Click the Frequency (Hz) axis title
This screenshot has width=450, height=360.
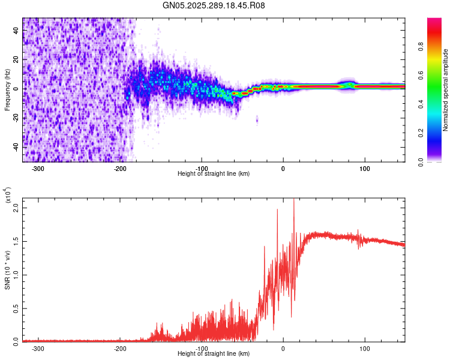pos(7,90)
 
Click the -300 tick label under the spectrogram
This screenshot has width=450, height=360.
pos(38,168)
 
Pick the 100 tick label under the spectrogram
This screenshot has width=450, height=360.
pos(364,168)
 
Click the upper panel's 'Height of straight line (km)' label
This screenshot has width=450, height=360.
pos(214,174)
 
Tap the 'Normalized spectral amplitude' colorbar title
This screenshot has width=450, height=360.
pos(445,90)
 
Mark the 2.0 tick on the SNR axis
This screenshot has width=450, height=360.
pos(15,208)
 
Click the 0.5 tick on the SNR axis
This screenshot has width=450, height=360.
pos(15,308)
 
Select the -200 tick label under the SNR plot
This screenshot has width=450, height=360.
pos(119,348)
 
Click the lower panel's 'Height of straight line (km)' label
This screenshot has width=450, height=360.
pos(214,354)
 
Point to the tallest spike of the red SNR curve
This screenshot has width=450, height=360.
pos(293,201)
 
